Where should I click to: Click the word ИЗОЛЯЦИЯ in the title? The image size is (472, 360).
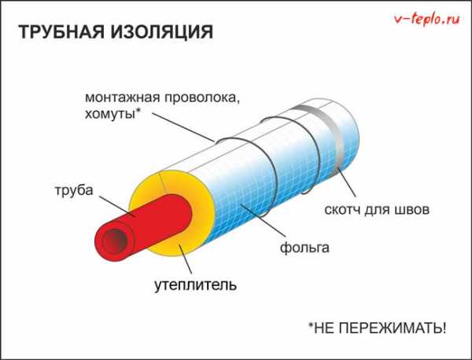coord(161,32)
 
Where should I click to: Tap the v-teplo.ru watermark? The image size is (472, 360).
coord(427,19)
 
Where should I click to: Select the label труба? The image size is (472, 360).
coord(74,190)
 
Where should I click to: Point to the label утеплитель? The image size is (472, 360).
coord(195,285)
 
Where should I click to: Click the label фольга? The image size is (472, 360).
coord(304,248)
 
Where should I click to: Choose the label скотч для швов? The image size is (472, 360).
coord(377,209)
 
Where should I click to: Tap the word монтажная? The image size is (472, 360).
coord(122,97)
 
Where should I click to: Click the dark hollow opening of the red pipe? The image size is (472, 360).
coord(114,241)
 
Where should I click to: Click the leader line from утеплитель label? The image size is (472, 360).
coord(186,259)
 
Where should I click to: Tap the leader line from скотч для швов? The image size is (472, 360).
coord(347,182)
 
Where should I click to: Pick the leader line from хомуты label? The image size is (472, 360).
coord(183,127)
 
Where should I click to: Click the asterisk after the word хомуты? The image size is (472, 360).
coord(138,112)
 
